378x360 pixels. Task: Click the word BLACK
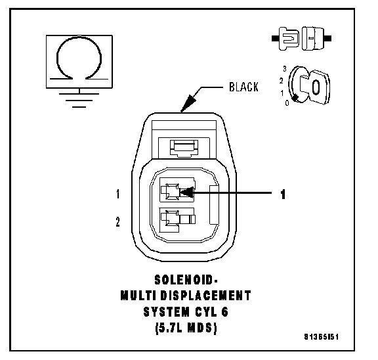click(243, 87)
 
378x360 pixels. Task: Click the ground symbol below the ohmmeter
click(79, 100)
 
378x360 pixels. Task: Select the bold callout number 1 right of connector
click(283, 194)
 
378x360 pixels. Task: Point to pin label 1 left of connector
click(117, 194)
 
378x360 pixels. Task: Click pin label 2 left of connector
click(117, 222)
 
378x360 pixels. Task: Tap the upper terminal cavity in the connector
click(177, 190)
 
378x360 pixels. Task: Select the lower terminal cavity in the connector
click(177, 219)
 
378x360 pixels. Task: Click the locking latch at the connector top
click(184, 148)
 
